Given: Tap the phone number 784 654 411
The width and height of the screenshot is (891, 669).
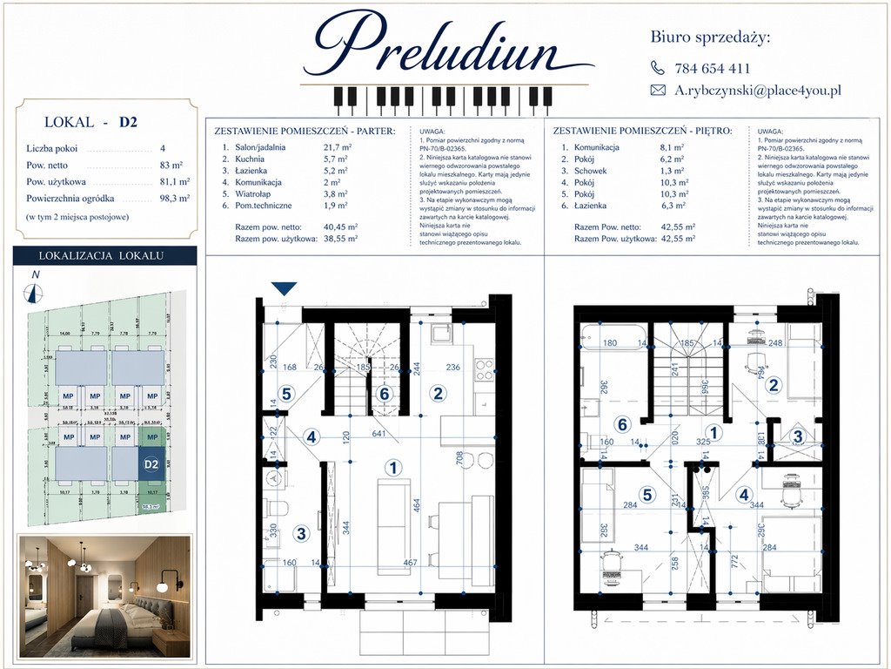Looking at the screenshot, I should (712, 68).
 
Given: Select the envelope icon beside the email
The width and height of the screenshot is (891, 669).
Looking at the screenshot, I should (658, 90).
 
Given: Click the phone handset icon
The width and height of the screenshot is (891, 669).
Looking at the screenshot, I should (658, 68).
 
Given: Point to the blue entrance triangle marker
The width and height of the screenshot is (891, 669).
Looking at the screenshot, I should (285, 289).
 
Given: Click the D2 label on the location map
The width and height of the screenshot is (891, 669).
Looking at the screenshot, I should (151, 463).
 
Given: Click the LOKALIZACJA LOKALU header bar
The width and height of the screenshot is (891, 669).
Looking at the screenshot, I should (103, 255).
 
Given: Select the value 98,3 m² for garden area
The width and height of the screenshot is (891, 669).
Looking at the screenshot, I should (176, 199).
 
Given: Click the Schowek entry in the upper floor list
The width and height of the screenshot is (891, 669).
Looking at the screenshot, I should (589, 171).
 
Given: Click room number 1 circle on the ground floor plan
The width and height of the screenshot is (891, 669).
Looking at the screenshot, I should (394, 468).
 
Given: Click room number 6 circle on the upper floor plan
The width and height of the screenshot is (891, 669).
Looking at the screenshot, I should (621, 424).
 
